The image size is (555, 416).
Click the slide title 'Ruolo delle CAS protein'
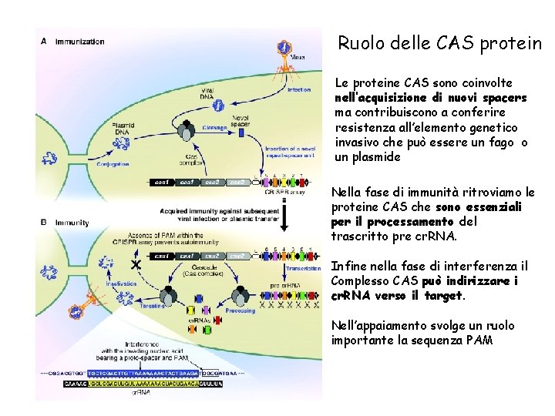pyautogui.click(x=440, y=44)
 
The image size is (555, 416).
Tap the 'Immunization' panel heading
pyautogui.click(x=79, y=41)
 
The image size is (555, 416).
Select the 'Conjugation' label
pyautogui.click(x=113, y=164)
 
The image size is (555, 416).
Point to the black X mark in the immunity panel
pyautogui.click(x=136, y=263)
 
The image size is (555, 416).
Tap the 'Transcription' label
pyautogui.click(x=302, y=269)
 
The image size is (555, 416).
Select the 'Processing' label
pyautogui.click(x=241, y=311)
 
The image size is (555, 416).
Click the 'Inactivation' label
pyautogui.click(x=122, y=283)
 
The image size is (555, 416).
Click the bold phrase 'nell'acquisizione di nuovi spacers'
pyautogui.click(x=431, y=98)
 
